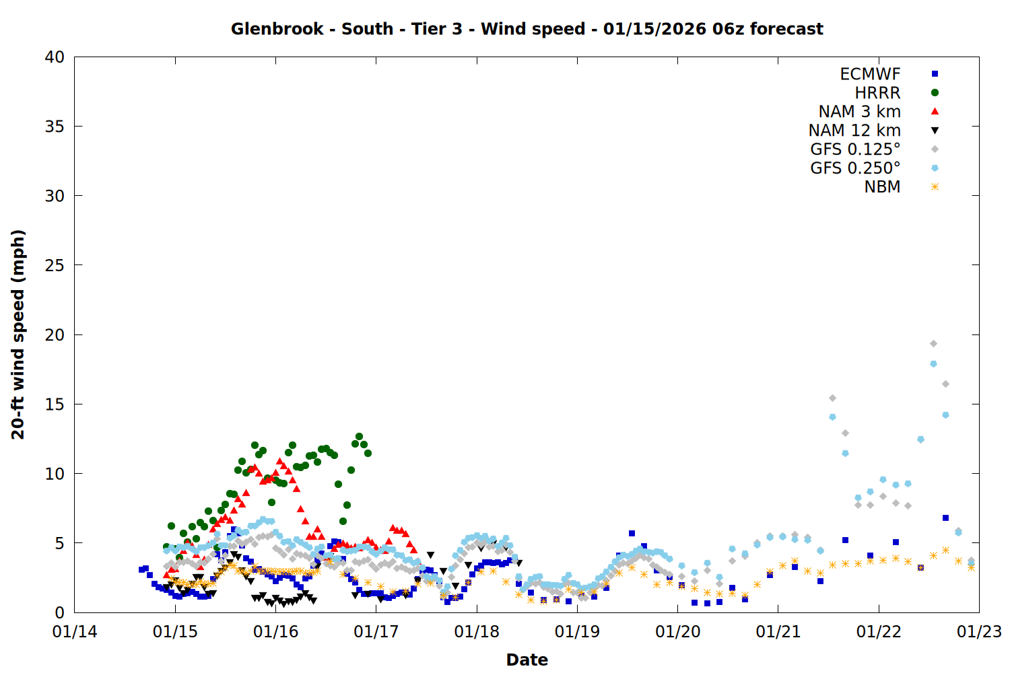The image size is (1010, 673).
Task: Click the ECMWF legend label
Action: (870, 74)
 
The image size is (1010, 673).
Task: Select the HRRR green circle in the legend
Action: (935, 93)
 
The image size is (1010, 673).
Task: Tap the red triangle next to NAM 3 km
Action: (935, 112)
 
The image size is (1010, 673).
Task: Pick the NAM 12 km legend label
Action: (854, 131)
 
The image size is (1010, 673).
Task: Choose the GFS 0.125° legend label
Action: (855, 149)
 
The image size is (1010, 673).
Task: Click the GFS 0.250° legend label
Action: (855, 168)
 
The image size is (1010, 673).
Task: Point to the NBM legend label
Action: (882, 187)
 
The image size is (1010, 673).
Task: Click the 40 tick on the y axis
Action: (55, 57)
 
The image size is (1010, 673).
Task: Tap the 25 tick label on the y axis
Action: (55, 265)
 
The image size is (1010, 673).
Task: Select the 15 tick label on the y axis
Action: (55, 404)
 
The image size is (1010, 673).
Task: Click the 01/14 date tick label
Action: (75, 632)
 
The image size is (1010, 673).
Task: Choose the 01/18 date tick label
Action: (477, 632)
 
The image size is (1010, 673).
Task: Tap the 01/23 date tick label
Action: (979, 632)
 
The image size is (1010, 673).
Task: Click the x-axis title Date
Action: (527, 660)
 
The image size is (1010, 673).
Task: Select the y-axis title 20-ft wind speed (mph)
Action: (18, 334)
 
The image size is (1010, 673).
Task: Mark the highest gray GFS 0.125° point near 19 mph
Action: (933, 344)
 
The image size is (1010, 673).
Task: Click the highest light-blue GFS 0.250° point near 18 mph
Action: (933, 364)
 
